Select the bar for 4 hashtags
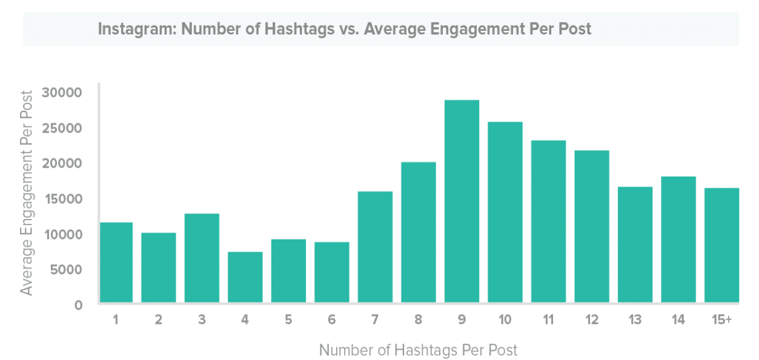[x=245, y=277]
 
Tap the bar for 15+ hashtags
[x=721, y=245]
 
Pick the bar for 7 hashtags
[x=375, y=247]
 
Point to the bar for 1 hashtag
[x=116, y=262]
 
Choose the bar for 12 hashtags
[x=592, y=226]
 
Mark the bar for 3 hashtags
[x=202, y=258]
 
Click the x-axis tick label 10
[x=505, y=320]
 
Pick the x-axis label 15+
[x=721, y=320]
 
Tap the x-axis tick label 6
[x=331, y=320]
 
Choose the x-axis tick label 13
[x=635, y=320]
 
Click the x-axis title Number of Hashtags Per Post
[x=418, y=350]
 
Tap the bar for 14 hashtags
[x=678, y=239]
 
